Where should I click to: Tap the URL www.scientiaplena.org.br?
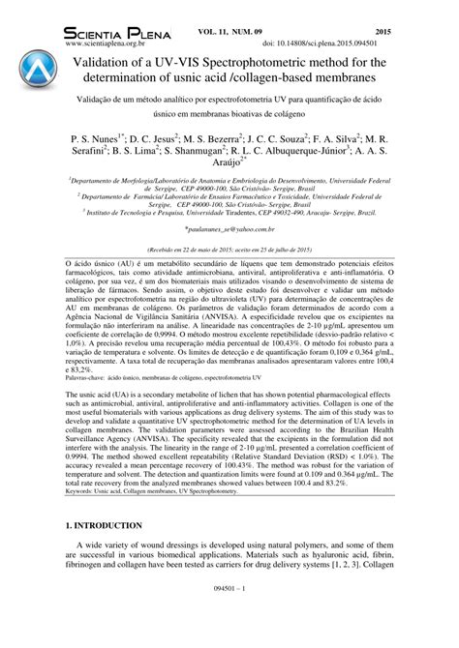tap(112, 44)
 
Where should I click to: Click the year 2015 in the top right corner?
tap(427, 32)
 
